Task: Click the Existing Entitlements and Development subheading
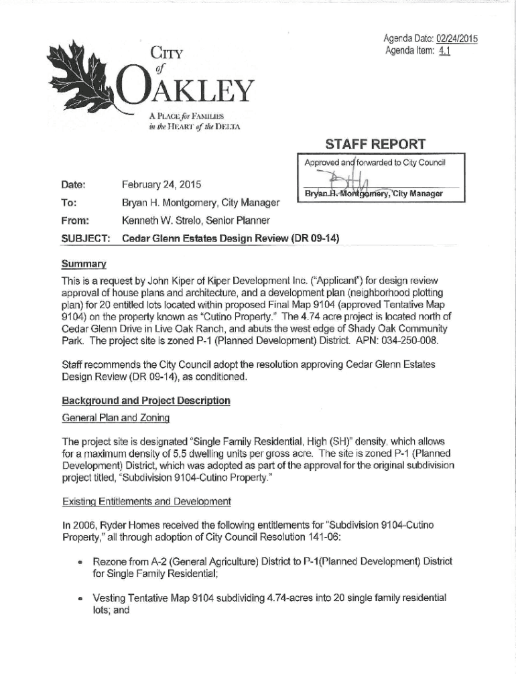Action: tap(146, 501)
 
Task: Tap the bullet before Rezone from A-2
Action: tap(78, 561)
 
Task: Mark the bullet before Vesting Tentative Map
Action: tap(78, 598)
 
